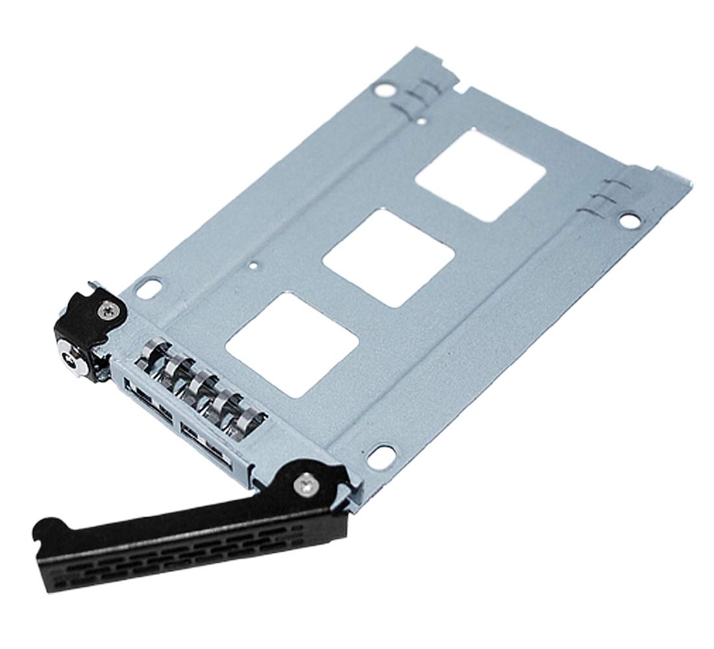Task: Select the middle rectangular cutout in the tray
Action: coord(388,258)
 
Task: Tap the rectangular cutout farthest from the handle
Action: coord(480,174)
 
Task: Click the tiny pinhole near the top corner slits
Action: coord(423,120)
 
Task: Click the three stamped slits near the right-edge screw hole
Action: coord(603,197)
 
